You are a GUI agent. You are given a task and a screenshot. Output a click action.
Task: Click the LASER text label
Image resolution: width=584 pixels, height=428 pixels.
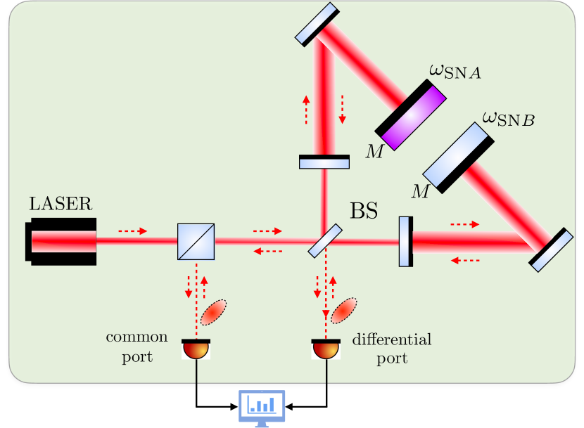[x=60, y=205]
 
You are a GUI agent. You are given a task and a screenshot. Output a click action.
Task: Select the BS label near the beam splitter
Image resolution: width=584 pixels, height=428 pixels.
[x=364, y=211]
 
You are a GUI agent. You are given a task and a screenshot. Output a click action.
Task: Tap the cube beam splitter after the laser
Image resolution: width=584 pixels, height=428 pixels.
[x=196, y=242]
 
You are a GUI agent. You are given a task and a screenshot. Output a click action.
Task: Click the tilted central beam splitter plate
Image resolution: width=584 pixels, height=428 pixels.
[x=324, y=240]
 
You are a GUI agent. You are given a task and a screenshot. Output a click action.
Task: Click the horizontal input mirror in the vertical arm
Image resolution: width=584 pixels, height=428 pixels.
[x=324, y=162]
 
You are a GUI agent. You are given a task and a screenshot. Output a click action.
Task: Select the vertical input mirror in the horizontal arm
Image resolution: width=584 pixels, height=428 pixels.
[x=405, y=242]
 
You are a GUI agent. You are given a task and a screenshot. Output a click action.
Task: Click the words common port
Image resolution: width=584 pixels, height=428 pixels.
[x=137, y=346]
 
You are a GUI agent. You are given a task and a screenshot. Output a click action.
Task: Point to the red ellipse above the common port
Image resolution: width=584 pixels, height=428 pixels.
[x=214, y=313]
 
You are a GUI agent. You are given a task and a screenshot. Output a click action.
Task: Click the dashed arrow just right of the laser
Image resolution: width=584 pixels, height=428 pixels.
[x=132, y=231]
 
